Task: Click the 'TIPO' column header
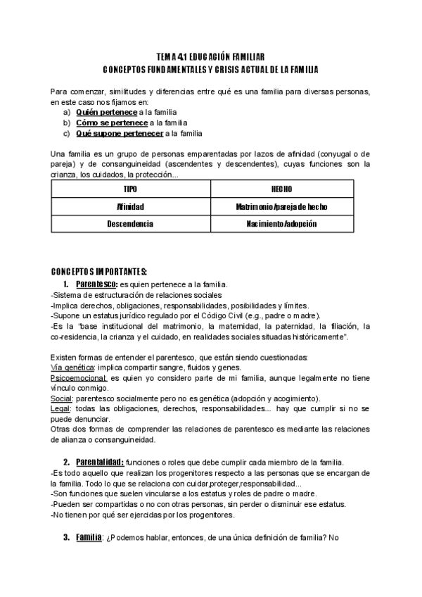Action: pos(130,190)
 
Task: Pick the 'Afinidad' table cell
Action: pos(130,207)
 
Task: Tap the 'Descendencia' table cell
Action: pos(130,224)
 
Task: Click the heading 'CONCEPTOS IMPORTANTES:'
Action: pos(99,272)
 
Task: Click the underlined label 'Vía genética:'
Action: pos(73,367)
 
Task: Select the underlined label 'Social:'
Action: pos(62,398)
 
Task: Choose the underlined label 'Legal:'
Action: pos(61,409)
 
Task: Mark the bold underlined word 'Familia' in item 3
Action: pos(89,537)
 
